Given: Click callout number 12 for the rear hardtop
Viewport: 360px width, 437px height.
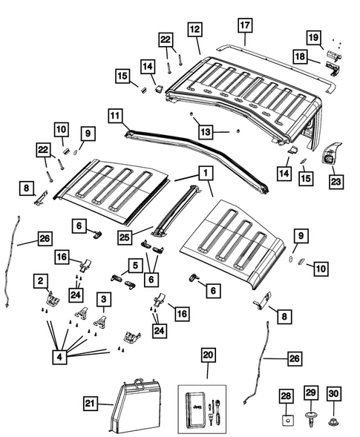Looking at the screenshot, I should coord(194,30).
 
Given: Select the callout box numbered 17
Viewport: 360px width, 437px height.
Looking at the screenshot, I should coord(245,26).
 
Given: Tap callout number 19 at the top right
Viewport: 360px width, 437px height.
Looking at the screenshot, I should coord(314,37).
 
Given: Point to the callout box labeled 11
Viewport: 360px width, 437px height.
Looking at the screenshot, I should coord(114,116).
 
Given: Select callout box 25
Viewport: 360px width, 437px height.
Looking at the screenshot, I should coord(126,237).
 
